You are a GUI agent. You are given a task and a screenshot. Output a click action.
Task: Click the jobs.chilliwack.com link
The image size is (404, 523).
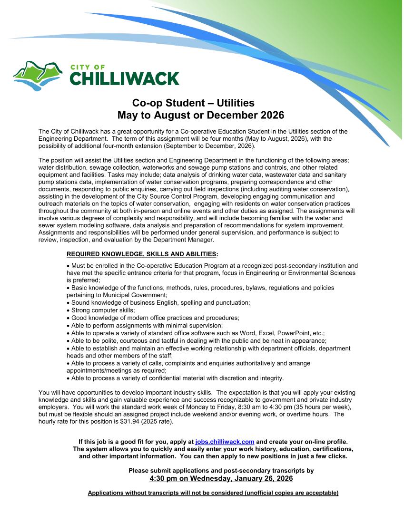225,442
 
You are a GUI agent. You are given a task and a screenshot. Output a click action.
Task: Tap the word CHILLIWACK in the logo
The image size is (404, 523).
125,78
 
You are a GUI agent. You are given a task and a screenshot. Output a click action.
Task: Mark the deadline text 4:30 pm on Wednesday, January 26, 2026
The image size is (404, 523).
221,478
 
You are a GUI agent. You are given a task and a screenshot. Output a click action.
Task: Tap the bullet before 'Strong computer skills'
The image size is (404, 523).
69,310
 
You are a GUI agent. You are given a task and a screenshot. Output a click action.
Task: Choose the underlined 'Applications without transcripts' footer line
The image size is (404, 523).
213,493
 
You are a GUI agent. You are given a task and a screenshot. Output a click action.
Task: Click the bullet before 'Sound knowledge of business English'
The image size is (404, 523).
69,302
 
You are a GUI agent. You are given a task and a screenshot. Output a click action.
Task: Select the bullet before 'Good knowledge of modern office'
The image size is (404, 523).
69,318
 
